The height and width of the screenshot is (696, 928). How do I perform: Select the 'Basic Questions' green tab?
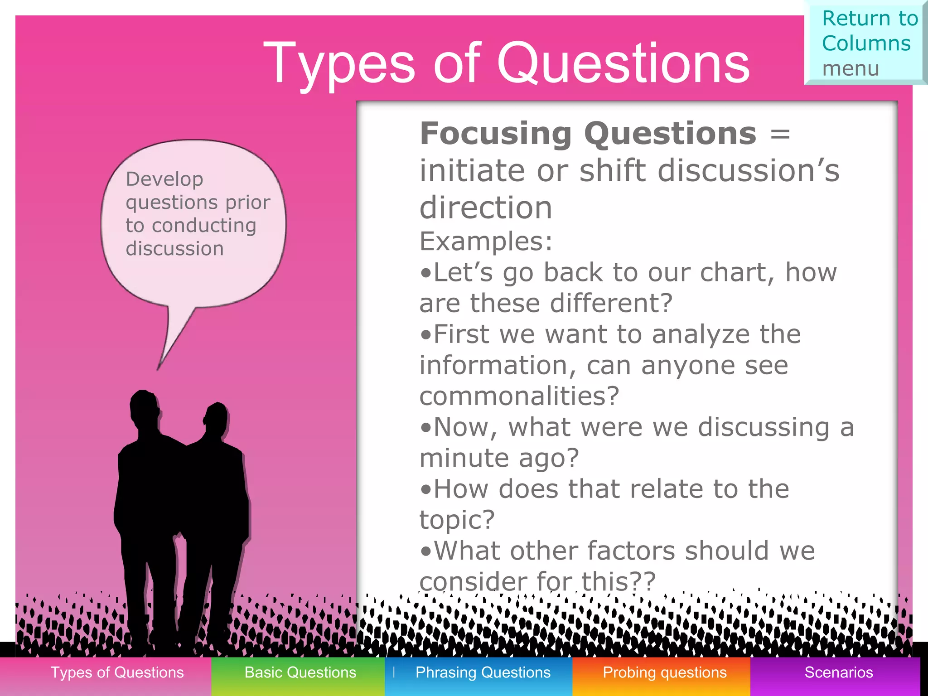pyautogui.click(x=300, y=672)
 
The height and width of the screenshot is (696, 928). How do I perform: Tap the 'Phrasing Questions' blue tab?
pyautogui.click(x=483, y=672)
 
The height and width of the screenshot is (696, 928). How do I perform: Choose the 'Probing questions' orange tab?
pyautogui.click(x=664, y=672)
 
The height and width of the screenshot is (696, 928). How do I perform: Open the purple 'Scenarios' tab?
pyautogui.click(x=838, y=672)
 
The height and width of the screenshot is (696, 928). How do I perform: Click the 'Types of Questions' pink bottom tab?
pyautogui.click(x=117, y=672)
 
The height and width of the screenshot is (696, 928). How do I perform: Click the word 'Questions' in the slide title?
pyautogui.click(x=623, y=63)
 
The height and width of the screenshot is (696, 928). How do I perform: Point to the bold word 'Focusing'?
pyautogui.click(x=496, y=134)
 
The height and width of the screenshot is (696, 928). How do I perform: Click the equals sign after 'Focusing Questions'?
pyautogui.click(x=780, y=135)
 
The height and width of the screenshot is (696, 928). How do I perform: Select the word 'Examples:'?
pyautogui.click(x=486, y=241)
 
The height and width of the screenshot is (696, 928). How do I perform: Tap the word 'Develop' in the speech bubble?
pyautogui.click(x=164, y=179)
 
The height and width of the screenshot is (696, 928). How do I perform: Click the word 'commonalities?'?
pyautogui.click(x=519, y=396)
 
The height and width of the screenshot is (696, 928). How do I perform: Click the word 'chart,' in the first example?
pyautogui.click(x=737, y=273)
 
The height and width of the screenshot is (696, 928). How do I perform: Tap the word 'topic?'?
pyautogui.click(x=457, y=520)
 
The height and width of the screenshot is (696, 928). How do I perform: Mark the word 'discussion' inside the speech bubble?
pyautogui.click(x=174, y=248)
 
